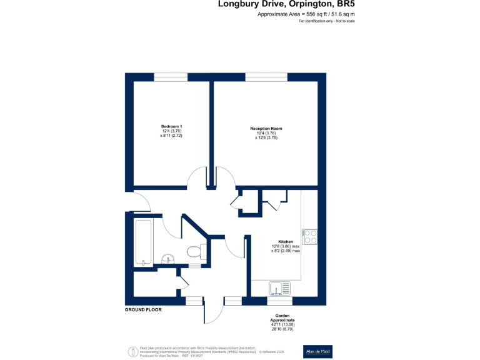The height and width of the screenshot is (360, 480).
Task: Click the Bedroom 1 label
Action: pos(171,127)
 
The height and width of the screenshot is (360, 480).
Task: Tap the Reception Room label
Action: pos(266,129)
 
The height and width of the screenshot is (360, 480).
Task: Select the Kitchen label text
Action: pos(286,241)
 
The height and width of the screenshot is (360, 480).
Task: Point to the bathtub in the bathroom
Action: pos(144,242)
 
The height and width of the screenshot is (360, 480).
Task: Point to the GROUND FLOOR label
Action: pos(143,310)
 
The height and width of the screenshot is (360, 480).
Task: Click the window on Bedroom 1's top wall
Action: pos(171,77)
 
